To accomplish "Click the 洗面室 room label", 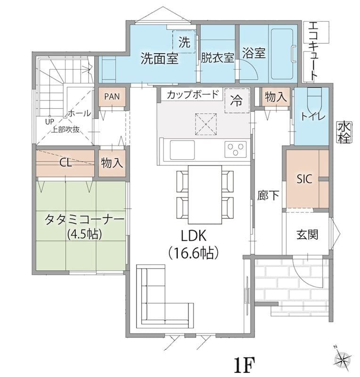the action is click(x=159, y=58).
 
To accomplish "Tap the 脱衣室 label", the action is click(x=217, y=57).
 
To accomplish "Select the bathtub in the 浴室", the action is click(x=282, y=54).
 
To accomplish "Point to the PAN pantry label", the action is click(x=112, y=97).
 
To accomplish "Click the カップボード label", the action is click(x=193, y=95).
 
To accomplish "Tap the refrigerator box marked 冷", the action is click(x=237, y=100).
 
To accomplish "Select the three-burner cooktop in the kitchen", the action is click(x=236, y=149).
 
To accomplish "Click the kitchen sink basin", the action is click(x=182, y=150).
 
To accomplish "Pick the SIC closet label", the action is click(x=304, y=179).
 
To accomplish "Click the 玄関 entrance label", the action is click(x=307, y=234).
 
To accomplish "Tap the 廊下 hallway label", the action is click(x=268, y=195).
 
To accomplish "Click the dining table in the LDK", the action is click(x=205, y=195).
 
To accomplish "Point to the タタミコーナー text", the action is click(x=84, y=220).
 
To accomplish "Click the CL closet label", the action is click(x=65, y=163).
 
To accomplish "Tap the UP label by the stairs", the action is click(x=49, y=122).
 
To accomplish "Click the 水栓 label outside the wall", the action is click(x=344, y=132).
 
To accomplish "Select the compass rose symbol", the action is click(x=342, y=360).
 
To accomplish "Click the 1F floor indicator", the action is click(x=244, y=364).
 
